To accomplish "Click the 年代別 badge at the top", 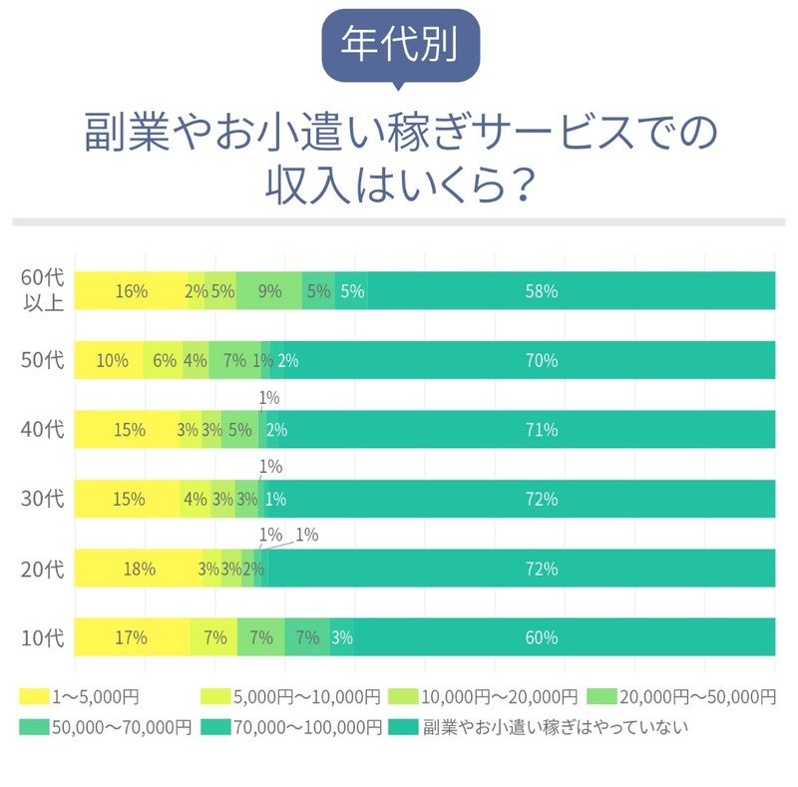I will [400, 46].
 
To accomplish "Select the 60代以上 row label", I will [43, 290].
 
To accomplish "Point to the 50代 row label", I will [43, 360].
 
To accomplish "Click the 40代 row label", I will [43, 430].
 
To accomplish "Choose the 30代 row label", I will [43, 499].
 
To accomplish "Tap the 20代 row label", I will [43, 569].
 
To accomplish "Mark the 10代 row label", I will [43, 637].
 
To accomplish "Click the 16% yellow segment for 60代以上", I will [131, 291].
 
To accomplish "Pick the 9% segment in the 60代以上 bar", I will [269, 291].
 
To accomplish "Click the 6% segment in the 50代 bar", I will [164, 361].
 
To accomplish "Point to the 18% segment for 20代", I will [138, 569].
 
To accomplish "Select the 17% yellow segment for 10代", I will [132, 637].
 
